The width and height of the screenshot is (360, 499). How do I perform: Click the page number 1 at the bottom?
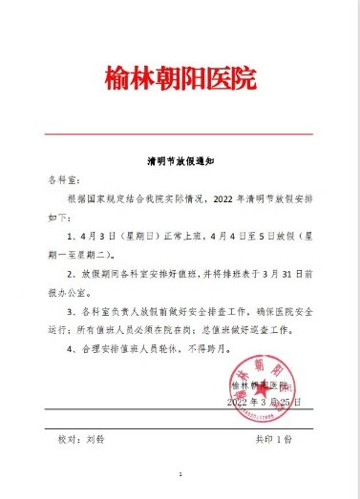(180, 473)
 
